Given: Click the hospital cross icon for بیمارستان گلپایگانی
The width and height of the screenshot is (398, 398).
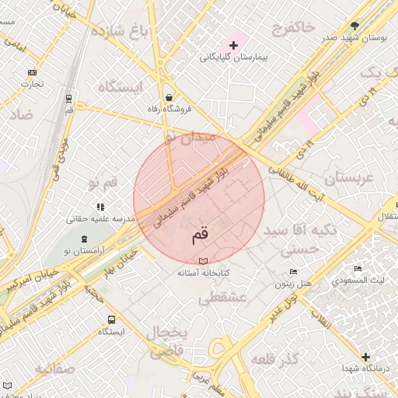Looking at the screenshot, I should [x=232, y=46].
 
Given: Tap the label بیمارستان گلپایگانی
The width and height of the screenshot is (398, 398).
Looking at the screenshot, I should [x=232, y=58].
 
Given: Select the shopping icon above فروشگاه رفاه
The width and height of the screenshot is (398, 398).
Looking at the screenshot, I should [x=169, y=98].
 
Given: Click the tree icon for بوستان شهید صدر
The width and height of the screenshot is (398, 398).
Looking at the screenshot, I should [x=355, y=26].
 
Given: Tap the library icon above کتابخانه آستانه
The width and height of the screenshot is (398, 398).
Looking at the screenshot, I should [x=204, y=262].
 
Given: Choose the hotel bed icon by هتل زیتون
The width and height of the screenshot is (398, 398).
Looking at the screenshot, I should [x=292, y=271].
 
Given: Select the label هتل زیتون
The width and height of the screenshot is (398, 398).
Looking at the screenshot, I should [x=295, y=283].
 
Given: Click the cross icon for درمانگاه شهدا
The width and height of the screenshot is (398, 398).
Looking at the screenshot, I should [x=366, y=357].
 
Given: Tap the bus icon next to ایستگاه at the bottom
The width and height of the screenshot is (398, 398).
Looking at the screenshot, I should [x=112, y=319].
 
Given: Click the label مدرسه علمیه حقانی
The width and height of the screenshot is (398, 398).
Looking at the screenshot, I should [x=100, y=219].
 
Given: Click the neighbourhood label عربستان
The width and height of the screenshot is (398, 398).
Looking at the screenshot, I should [x=349, y=178].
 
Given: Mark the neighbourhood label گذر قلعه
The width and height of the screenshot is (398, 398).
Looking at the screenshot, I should [x=275, y=358].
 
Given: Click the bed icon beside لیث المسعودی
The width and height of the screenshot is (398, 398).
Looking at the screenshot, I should [x=358, y=268].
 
